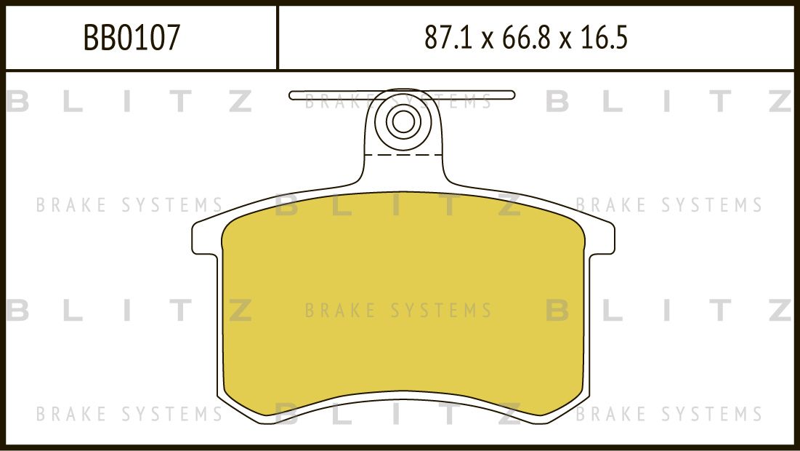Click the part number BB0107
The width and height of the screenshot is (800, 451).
click(x=132, y=37)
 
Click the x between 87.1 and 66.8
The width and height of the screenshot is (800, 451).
click(x=488, y=40)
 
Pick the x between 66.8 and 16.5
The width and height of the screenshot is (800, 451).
click(x=565, y=40)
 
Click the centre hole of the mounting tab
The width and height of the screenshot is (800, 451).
click(x=403, y=121)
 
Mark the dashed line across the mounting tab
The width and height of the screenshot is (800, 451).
click(x=403, y=154)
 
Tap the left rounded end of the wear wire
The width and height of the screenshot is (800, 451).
click(x=292, y=95)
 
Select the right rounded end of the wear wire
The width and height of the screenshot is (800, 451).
click(x=512, y=95)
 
